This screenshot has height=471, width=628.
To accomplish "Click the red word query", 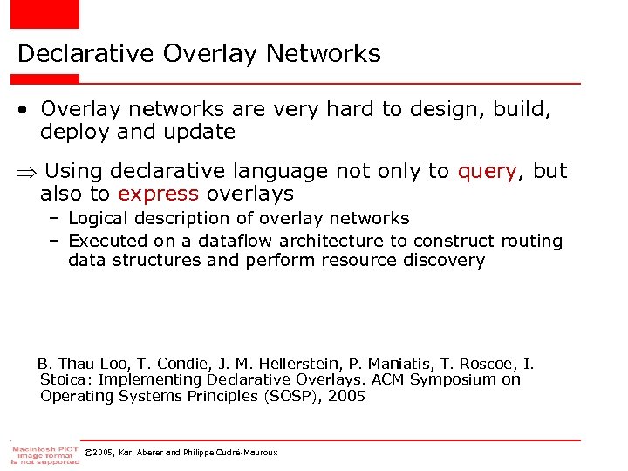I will [487, 171].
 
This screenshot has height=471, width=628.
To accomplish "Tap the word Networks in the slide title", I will [324, 54].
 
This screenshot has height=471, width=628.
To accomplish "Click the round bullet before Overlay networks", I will [24, 110].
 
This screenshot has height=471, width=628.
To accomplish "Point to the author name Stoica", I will [66, 379].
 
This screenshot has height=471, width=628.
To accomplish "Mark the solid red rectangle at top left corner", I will [44, 14].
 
